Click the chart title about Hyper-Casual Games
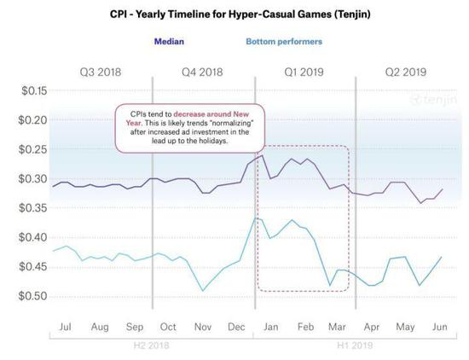[240, 14]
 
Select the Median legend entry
[169, 41]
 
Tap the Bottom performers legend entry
[284, 42]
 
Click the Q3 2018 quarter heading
[101, 73]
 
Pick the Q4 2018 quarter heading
[202, 73]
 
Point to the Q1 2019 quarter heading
[304, 73]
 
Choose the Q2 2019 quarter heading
[406, 73]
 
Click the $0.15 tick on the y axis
[34, 90]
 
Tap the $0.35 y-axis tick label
[33, 207]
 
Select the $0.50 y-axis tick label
[33, 296]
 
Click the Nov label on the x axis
[203, 327]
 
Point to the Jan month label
[270, 327]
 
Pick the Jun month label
[439, 327]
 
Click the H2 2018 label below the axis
[151, 345]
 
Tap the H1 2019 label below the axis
[355, 345]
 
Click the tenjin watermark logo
[433, 100]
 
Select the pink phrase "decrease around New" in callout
[211, 114]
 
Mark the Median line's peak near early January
[262, 155]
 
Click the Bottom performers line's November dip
[203, 291]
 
